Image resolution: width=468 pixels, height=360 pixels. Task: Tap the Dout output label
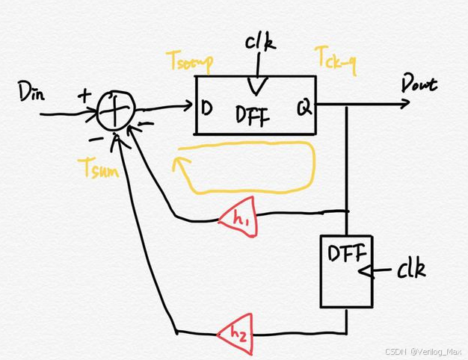coord(418,84)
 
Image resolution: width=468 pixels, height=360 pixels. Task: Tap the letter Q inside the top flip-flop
coord(304,109)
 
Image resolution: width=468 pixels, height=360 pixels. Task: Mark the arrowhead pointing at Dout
coord(406,103)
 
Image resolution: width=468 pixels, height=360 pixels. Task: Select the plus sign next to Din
coord(85,95)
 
